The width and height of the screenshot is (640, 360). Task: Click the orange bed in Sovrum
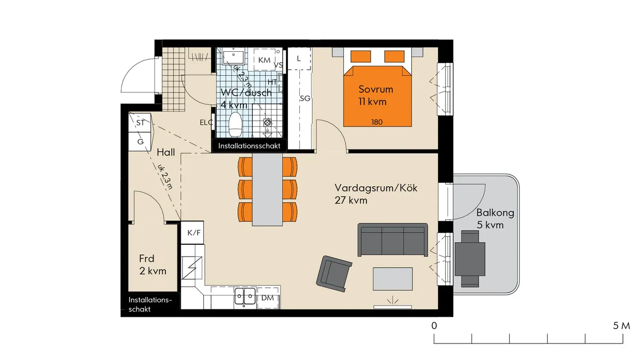[378, 96]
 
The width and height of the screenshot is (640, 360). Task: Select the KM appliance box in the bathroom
[264, 60]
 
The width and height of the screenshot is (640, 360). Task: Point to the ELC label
[206, 123]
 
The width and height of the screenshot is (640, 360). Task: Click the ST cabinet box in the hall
[140, 123]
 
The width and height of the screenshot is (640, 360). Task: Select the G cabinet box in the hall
[140, 142]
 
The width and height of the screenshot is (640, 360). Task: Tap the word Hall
[166, 153]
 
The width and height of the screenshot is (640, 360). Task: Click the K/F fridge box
[193, 233]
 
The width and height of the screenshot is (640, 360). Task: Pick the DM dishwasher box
[268, 299]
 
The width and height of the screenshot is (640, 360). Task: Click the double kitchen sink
[245, 296]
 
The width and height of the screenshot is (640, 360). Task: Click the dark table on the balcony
[470, 258]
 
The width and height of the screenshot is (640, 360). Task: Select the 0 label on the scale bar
[435, 325]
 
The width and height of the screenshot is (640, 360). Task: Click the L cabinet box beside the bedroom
[299, 59]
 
